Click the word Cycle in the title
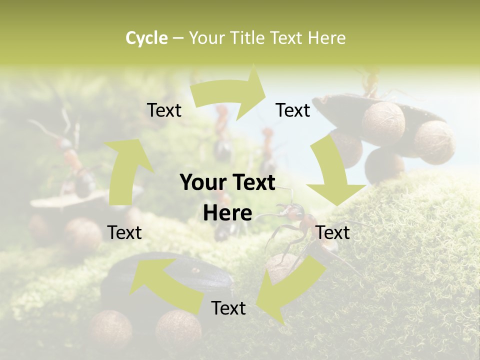tap(146, 38)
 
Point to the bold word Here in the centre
tap(227, 213)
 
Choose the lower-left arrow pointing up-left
tap(165, 280)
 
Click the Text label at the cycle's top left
tap(164, 110)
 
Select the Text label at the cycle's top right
tap(293, 110)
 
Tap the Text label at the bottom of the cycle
tap(228, 308)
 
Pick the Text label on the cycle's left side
tap(124, 232)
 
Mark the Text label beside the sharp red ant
tap(333, 232)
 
